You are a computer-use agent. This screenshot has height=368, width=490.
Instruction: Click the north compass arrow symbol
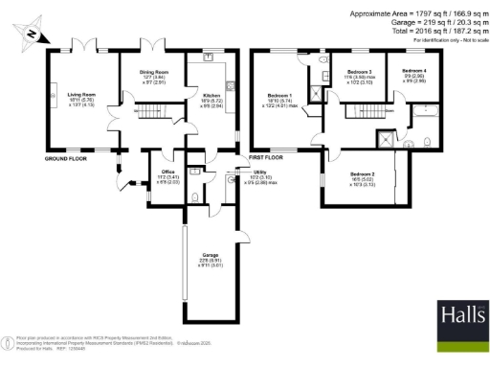coord(33,35)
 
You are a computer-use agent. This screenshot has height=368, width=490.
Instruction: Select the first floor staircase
coord(362,111)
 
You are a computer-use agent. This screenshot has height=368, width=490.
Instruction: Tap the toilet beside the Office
coord(194,197)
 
